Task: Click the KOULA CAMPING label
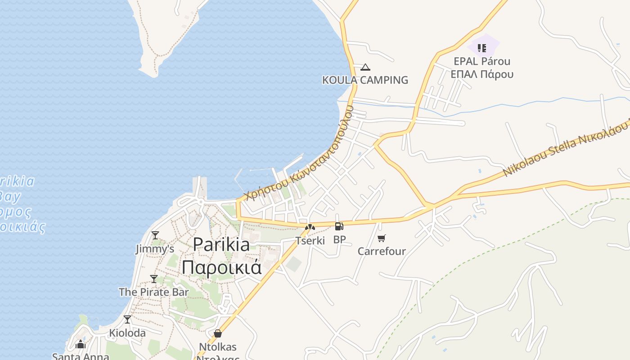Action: (x=365, y=80)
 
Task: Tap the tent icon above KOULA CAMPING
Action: (x=365, y=67)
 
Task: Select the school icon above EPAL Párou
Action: (x=482, y=48)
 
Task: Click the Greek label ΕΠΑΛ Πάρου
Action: (x=482, y=74)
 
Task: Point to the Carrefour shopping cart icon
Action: (x=382, y=238)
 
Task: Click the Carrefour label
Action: (x=382, y=251)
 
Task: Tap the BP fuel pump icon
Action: (x=339, y=226)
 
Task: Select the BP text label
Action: (x=339, y=240)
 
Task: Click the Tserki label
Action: (x=310, y=241)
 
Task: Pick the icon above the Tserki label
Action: (x=310, y=227)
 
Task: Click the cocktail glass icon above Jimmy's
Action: (x=155, y=235)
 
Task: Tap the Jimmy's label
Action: (x=155, y=249)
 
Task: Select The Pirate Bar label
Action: (x=154, y=292)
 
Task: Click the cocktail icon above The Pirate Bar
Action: (x=154, y=279)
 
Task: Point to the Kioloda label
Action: (x=127, y=333)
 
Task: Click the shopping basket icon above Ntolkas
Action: (x=218, y=333)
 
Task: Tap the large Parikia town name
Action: (x=221, y=245)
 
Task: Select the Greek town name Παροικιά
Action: (x=221, y=267)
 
